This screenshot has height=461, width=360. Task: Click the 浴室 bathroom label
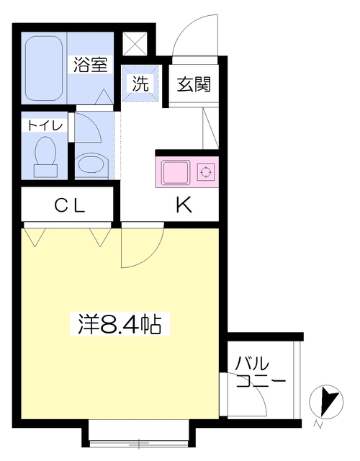[90, 64]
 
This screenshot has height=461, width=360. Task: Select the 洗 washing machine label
[140, 83]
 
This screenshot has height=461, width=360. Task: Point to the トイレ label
[45, 125]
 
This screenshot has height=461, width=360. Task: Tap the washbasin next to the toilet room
[91, 163]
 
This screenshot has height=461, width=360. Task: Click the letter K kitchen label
[184, 206]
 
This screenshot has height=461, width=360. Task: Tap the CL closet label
[70, 206]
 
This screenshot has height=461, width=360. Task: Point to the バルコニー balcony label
[259, 371]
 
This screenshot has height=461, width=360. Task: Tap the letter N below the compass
[318, 424]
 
